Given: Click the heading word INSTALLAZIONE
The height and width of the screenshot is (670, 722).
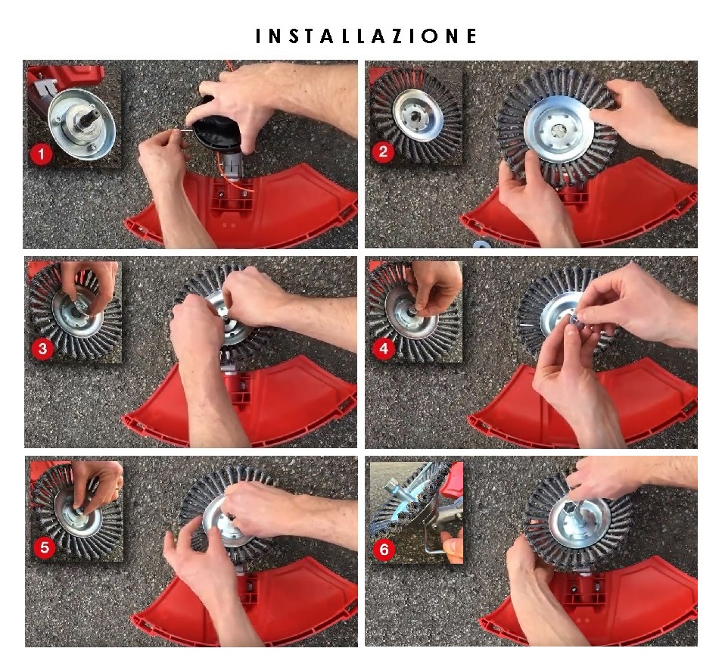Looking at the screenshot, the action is (x=366, y=36).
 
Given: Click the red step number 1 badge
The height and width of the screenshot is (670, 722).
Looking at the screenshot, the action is (x=41, y=154).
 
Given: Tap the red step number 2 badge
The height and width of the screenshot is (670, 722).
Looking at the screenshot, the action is (x=383, y=151).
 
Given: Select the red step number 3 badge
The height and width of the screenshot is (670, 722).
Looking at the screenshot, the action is (x=42, y=348).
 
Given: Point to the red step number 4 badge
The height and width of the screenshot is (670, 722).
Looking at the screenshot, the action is (x=384, y=348).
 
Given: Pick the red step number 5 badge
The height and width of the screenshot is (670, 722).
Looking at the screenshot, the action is (x=45, y=547).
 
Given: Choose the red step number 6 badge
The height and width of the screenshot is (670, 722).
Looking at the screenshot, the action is (x=384, y=549).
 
